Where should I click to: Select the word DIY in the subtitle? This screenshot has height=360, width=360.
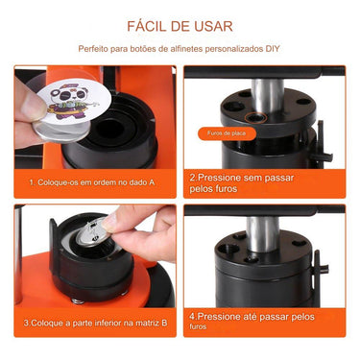(x=273, y=48)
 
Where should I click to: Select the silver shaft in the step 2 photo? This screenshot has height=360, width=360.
(x=268, y=96)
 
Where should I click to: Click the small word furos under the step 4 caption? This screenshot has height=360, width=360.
(x=199, y=326)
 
